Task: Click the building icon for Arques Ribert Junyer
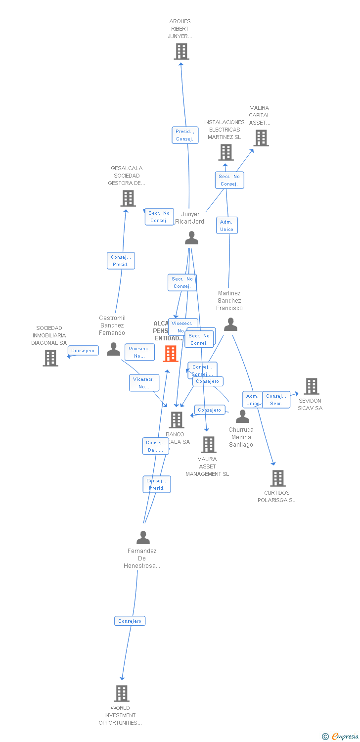pyautogui.click(x=181, y=51)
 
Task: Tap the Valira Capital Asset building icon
pyautogui.click(x=261, y=138)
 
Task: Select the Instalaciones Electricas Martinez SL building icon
pyautogui.click(x=226, y=152)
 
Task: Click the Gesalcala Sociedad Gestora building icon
pyautogui.click(x=128, y=198)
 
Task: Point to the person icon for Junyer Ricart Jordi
pyautogui.click(x=191, y=238)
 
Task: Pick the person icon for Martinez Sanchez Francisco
pyautogui.click(x=230, y=325)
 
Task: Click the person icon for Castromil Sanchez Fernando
pyautogui.click(x=114, y=349)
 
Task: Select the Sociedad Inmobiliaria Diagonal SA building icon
pyautogui.click(x=50, y=358)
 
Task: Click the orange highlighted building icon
pyautogui.click(x=171, y=353)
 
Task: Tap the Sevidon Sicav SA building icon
pyautogui.click(x=312, y=386)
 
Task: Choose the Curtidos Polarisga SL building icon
pyautogui.click(x=278, y=478)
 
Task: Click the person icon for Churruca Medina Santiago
pyautogui.click(x=242, y=417)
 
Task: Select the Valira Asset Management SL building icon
pyautogui.click(x=209, y=445)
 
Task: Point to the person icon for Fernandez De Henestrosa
pyautogui.click(x=143, y=537)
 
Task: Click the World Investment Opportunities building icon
pyautogui.click(x=122, y=694)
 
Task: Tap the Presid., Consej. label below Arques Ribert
pyautogui.click(x=185, y=135)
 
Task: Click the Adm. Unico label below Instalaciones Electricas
pyautogui.click(x=226, y=226)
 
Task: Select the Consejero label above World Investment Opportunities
pyautogui.click(x=130, y=621)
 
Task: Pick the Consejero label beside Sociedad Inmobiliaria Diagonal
pyautogui.click(x=83, y=351)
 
